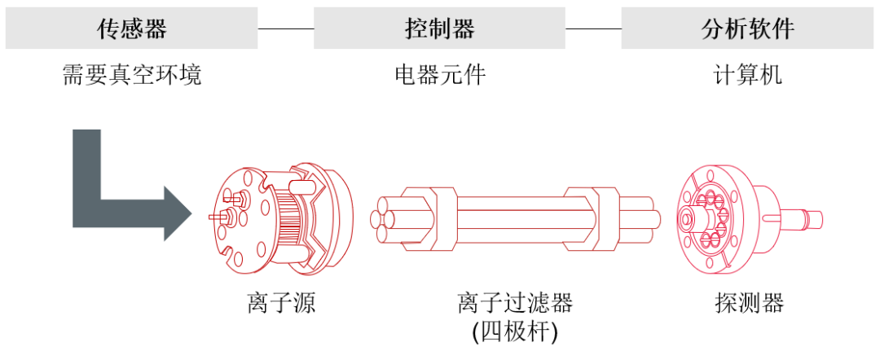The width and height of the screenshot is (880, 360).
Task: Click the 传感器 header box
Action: [x=131, y=29]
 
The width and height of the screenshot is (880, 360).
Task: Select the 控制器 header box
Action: [x=439, y=29]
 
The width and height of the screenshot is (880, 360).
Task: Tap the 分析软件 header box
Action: [x=747, y=29]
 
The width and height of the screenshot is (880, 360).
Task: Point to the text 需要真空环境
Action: [x=131, y=76]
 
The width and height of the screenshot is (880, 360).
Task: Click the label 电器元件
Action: [x=439, y=76]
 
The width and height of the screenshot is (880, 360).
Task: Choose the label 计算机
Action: [x=747, y=76]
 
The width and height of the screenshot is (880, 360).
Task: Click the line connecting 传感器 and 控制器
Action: [x=285, y=29]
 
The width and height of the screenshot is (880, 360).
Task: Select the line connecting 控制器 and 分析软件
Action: [x=593, y=29]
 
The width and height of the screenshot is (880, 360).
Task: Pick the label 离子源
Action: [x=281, y=304]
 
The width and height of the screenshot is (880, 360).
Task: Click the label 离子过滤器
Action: [x=515, y=304]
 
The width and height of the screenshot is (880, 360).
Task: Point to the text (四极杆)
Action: [x=515, y=332]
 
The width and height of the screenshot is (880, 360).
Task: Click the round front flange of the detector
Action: [x=707, y=216]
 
